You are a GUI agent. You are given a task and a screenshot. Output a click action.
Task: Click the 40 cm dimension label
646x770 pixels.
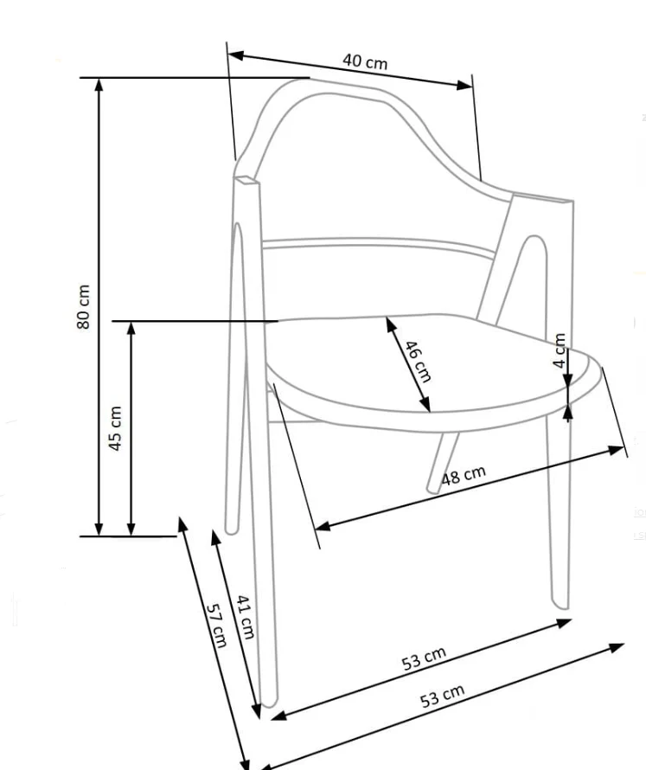(x=365, y=62)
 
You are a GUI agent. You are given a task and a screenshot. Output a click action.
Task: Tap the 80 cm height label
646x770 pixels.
(x=83, y=307)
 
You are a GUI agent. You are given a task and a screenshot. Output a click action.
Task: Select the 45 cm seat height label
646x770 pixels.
(x=115, y=428)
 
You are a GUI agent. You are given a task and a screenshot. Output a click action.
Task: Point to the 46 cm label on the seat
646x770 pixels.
(x=418, y=361)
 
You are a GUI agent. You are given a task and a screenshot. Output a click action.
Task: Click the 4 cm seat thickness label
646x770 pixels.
(x=560, y=350)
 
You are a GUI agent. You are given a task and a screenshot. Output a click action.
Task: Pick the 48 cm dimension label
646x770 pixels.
(x=464, y=474)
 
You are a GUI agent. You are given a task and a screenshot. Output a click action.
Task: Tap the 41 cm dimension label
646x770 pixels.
(x=245, y=617)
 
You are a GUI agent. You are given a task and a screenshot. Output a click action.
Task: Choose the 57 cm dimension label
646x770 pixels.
(x=216, y=626)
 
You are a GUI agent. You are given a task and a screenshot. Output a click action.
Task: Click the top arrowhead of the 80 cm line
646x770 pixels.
(x=99, y=85)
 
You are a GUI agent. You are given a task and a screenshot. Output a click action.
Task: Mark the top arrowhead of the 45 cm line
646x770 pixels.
(x=131, y=328)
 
